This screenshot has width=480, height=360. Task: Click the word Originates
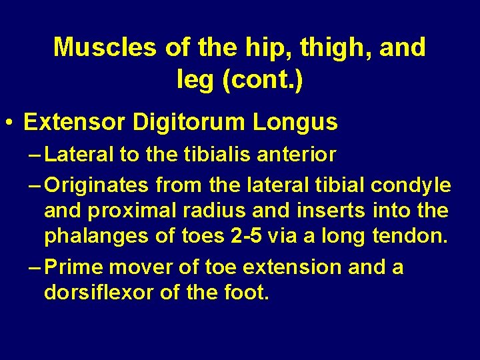tap(97, 183)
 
